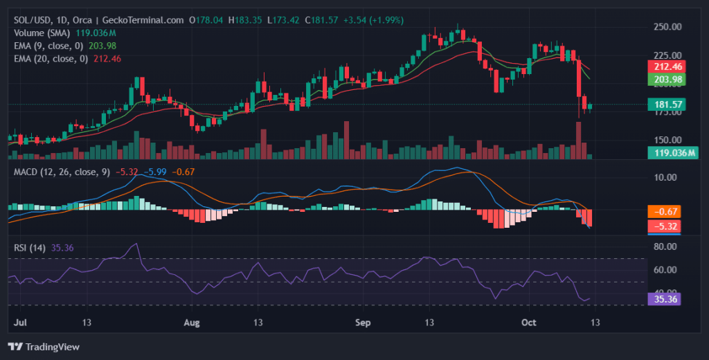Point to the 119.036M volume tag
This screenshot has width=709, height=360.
tap(670, 152)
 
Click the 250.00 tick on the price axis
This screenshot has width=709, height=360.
tap(668, 26)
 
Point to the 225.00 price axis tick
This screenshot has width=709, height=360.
tap(668, 55)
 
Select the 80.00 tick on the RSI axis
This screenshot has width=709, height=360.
tap(666, 246)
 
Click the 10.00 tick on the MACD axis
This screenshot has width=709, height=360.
tap(666, 177)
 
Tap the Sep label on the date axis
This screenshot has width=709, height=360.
tap(364, 323)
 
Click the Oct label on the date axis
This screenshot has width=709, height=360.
tap(529, 323)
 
